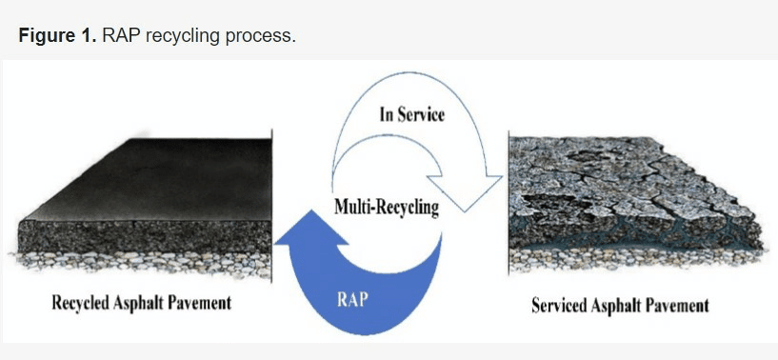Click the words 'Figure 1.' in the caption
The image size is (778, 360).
57,36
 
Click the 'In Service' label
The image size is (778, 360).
411,114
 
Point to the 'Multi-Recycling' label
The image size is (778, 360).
387,207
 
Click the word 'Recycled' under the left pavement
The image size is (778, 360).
81,303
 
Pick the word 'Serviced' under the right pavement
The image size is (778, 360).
560,305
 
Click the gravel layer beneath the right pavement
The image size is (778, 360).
635,259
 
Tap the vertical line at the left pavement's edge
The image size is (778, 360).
272,206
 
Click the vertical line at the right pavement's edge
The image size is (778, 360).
509,203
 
